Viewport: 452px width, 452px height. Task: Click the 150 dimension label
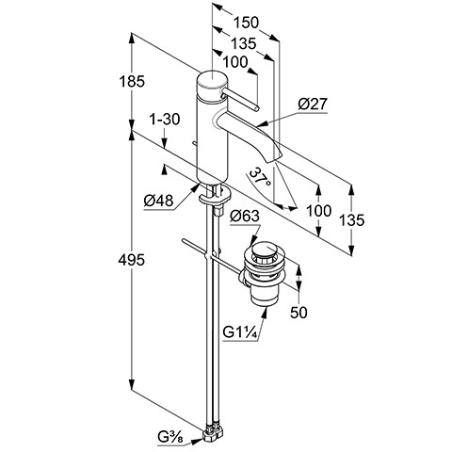247,23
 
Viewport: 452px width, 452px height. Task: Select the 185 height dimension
132,82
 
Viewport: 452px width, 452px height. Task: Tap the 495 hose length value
132,260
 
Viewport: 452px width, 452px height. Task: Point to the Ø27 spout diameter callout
313,104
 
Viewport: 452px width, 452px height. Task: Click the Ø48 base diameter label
158,201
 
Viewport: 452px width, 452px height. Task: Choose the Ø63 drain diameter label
245,217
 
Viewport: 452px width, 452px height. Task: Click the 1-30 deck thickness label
165,120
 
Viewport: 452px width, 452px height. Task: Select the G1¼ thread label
240,332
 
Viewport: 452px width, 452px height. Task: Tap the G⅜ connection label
170,437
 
